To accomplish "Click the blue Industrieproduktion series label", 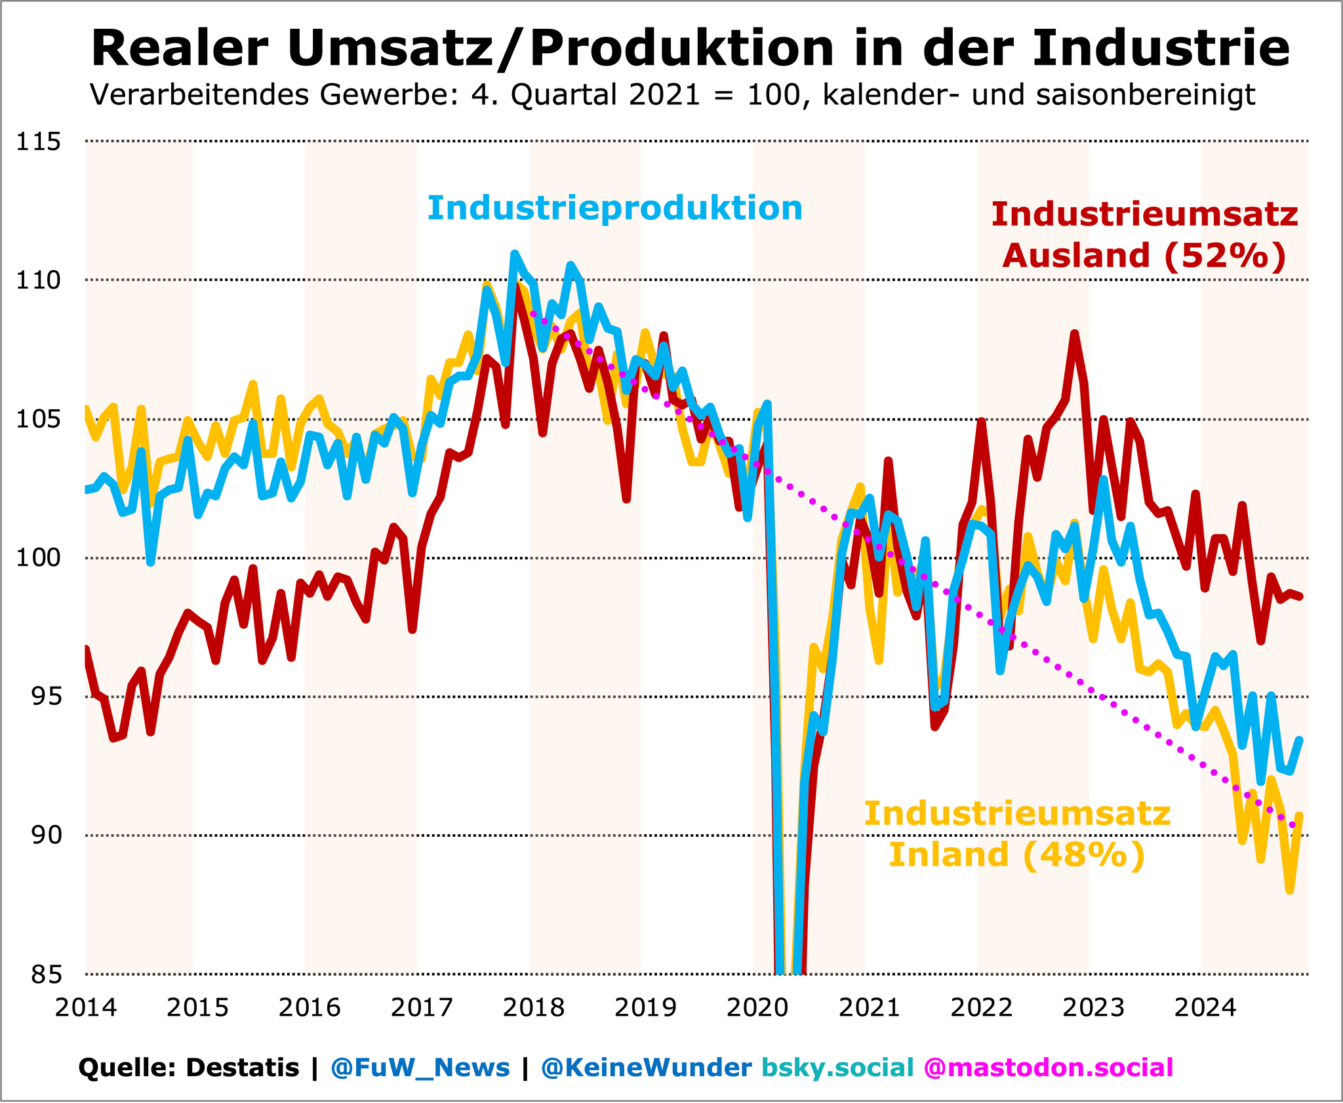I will [x=614, y=209].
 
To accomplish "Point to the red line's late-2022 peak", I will [x=1074, y=334].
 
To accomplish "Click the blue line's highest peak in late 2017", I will [x=514, y=253].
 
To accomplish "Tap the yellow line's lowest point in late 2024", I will [x=1289, y=891].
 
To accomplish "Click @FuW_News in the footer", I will [x=420, y=1068].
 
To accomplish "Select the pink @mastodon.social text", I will [x=1048, y=1068].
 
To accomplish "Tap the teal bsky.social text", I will [x=837, y=1068].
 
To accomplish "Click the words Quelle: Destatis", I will [x=189, y=1068].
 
